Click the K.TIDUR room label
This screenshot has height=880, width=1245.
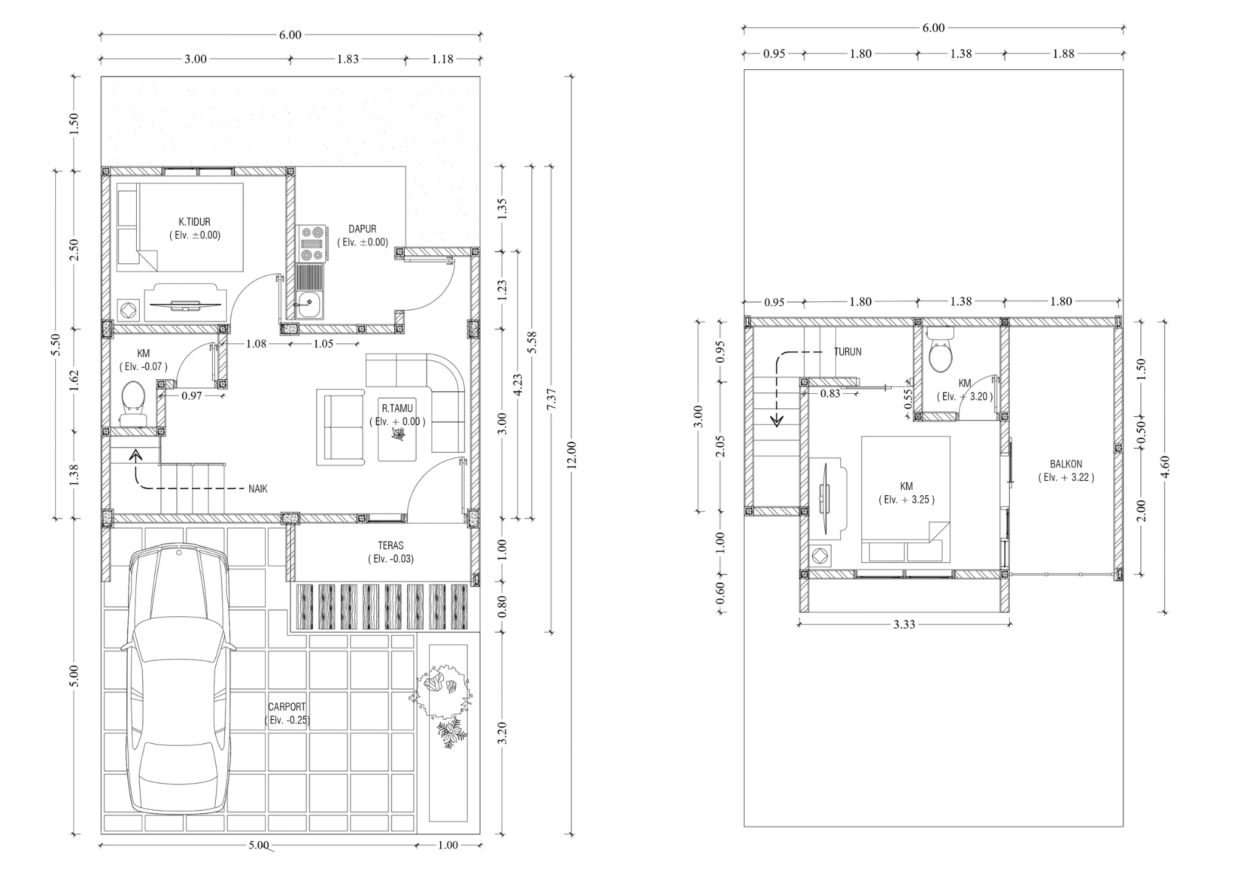coord(195,222)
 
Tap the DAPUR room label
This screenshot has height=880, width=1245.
coord(362,229)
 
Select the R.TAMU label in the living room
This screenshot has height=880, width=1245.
coord(398,408)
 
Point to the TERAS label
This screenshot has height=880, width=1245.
coord(390,546)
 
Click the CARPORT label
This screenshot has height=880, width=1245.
coord(287,707)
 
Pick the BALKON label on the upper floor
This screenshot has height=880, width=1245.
coord(1066,464)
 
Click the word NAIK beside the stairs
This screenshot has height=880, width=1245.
coord(258,489)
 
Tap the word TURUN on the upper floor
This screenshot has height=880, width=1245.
coord(847,352)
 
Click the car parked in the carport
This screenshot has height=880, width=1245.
coord(178,679)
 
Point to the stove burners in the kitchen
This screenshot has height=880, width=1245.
coord(311,244)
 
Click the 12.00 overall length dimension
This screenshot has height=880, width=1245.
coord(571,455)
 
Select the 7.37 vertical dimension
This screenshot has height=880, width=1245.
coord(552,399)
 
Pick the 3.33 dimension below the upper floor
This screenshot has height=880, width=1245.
coord(905,624)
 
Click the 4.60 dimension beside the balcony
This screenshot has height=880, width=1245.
coord(1165,467)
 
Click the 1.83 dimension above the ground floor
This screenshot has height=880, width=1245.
coord(348,59)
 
